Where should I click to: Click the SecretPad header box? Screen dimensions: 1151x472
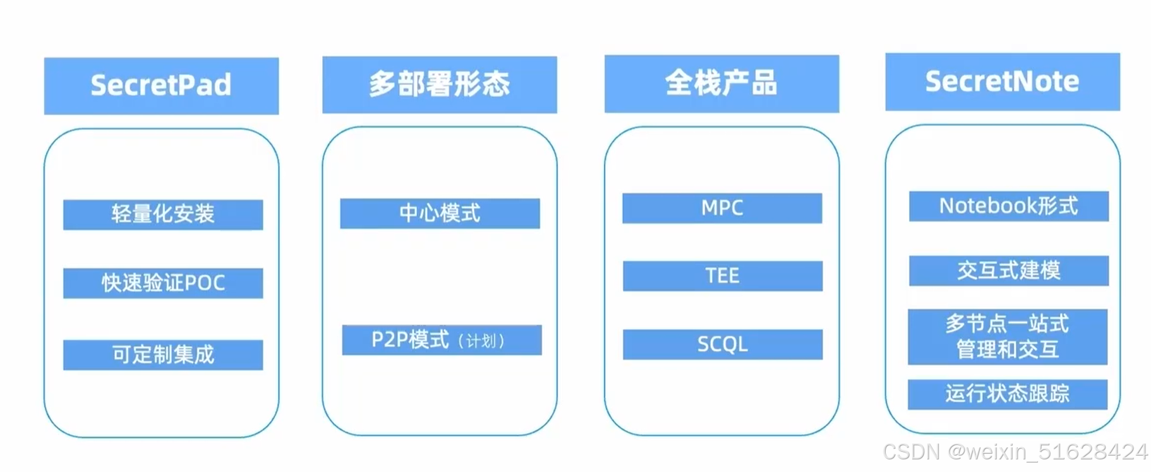[161, 86]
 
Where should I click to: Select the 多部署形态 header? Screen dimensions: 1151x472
[439, 85]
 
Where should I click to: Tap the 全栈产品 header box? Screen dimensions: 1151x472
[721, 83]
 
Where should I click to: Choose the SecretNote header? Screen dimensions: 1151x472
[1002, 81]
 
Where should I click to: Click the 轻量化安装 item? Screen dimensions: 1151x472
[163, 215]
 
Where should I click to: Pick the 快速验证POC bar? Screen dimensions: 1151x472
[163, 283]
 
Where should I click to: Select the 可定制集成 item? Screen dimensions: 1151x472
[163, 355]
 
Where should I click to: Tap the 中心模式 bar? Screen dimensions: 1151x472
[440, 213]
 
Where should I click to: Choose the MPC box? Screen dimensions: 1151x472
[722, 208]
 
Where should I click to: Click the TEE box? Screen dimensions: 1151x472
[722, 276]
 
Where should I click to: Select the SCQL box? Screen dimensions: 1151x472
[722, 345]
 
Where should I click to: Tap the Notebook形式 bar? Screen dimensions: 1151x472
[1008, 206]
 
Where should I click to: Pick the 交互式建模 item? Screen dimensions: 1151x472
[1008, 271]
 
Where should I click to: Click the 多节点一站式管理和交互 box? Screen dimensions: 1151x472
[1007, 336]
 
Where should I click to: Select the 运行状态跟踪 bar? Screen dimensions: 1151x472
[1007, 394]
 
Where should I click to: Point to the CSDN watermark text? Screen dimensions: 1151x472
[1015, 452]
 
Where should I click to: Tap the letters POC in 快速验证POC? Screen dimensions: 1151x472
[205, 283]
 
